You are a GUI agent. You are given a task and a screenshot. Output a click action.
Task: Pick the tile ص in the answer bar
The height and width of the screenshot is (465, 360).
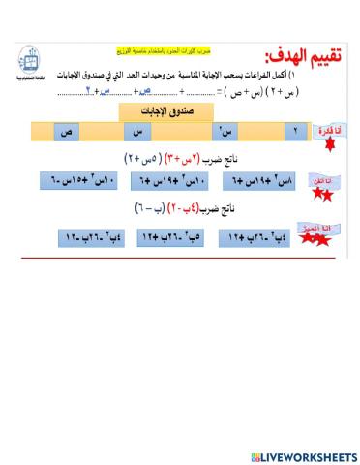tap(68, 132)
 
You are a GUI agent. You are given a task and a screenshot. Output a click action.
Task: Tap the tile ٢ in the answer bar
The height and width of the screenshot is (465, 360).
tap(295, 132)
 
